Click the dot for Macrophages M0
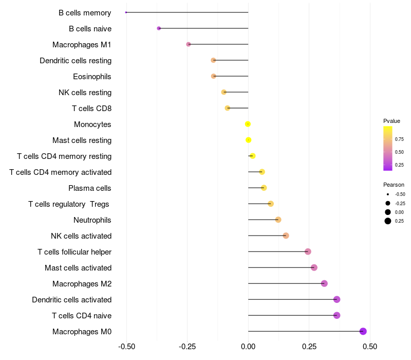363,331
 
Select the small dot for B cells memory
126,12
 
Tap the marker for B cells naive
159,28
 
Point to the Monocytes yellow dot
248,124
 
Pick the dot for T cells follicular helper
308,251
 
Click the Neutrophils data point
278,220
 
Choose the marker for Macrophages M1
189,44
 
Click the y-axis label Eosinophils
92,77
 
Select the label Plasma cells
90,188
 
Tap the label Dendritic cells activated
71,300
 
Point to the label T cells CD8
91,109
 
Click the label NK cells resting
85,93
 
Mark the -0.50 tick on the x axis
126,347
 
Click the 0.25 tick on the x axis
309,347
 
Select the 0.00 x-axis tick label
248,347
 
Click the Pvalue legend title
391,121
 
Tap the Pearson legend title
394,185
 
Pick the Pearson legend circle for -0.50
388,194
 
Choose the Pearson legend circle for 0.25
388,221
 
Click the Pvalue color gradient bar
388,148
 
